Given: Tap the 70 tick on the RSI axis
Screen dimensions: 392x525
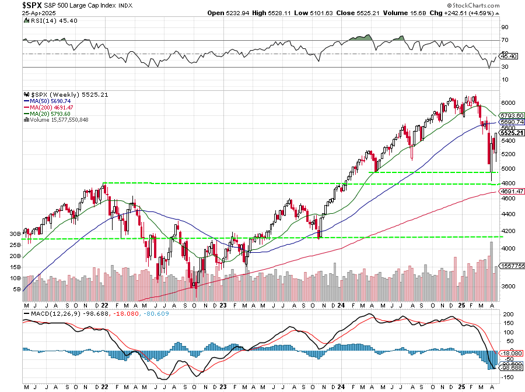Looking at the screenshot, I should pos(505,40).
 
